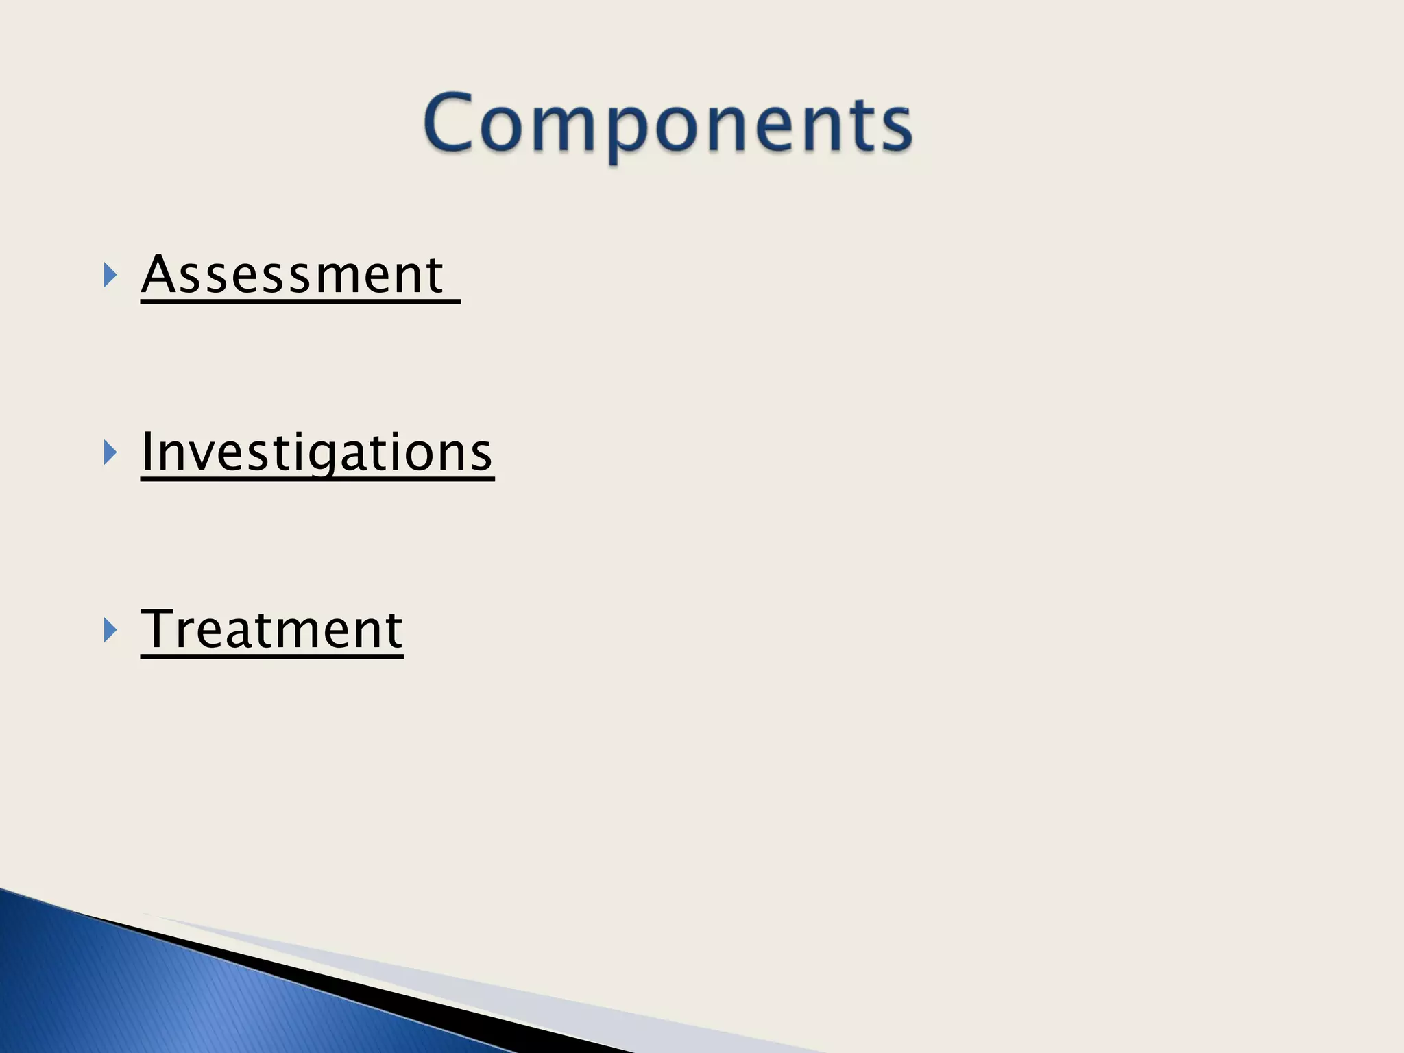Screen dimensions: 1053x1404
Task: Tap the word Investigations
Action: pos(316,452)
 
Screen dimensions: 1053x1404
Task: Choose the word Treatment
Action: pos(271,629)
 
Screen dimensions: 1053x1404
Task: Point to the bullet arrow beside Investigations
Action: pos(110,452)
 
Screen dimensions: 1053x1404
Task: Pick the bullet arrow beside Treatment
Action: pos(110,629)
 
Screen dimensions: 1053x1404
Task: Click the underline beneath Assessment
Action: pos(300,302)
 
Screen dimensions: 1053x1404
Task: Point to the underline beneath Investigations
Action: pos(317,479)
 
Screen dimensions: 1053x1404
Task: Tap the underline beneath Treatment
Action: pos(271,656)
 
